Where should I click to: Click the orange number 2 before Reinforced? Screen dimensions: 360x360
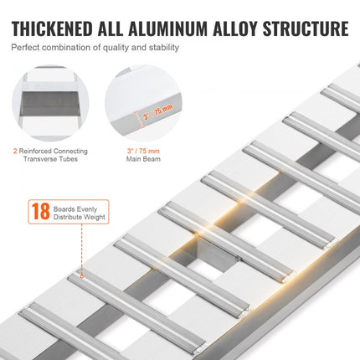pyautogui.click(x=14, y=152)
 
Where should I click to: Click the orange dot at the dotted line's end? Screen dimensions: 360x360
pyautogui.click(x=82, y=273)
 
